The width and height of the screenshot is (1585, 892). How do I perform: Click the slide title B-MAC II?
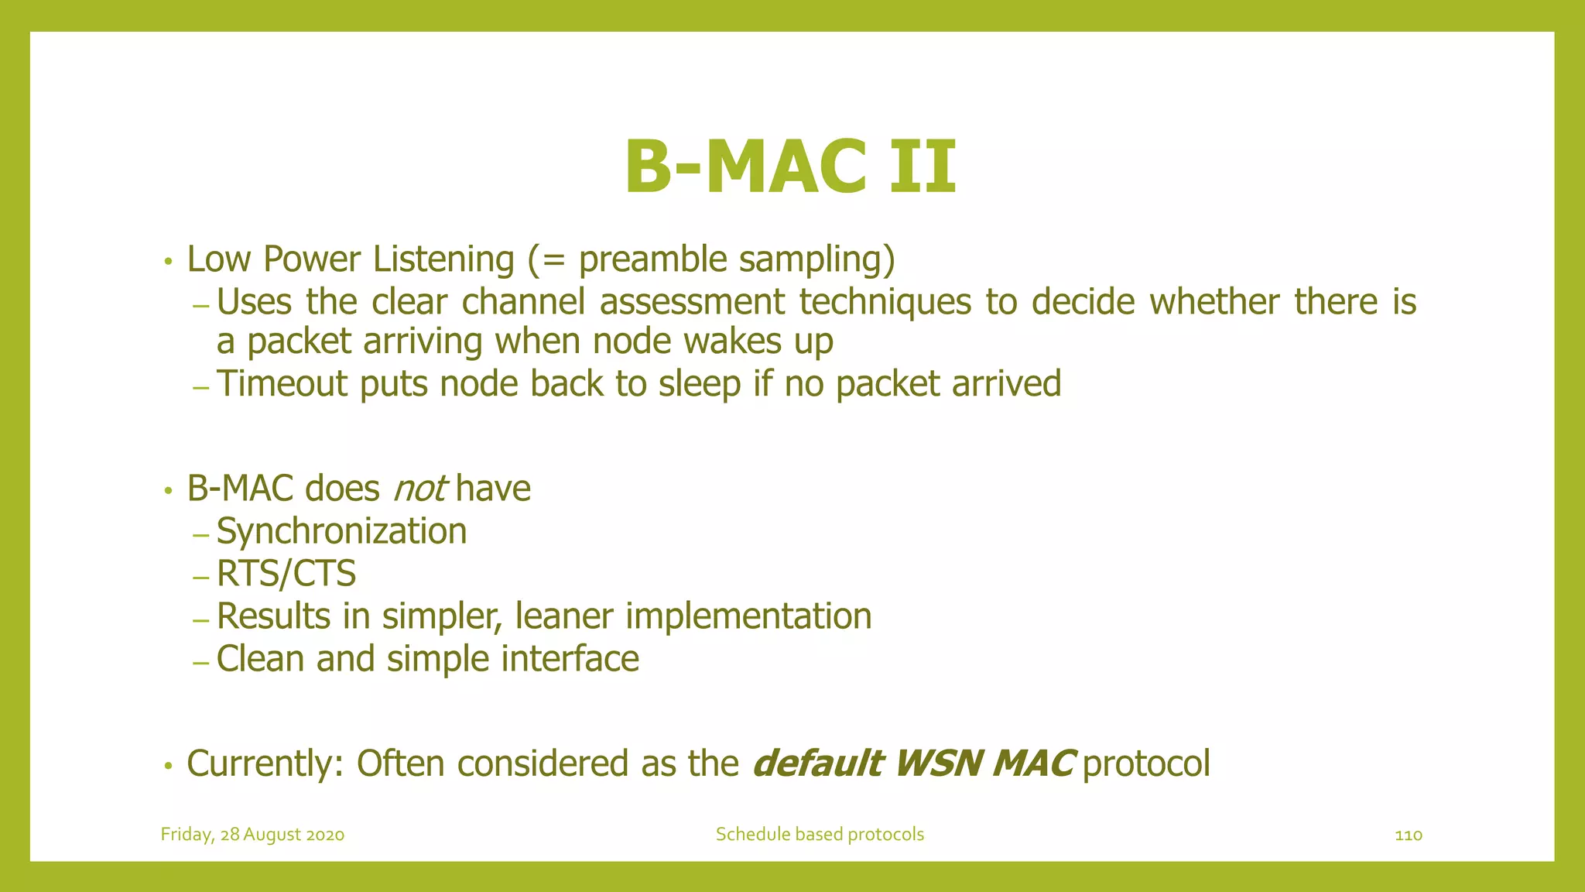coord(790,167)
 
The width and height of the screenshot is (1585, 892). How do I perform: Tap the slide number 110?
coord(1408,835)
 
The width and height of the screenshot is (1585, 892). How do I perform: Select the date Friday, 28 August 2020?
coord(252,835)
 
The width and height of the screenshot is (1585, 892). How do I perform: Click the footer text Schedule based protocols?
coord(820,834)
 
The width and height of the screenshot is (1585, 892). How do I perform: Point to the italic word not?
coord(419,489)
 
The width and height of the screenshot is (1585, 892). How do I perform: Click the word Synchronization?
coord(341,531)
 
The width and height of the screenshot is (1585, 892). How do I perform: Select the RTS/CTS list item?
coord(286,574)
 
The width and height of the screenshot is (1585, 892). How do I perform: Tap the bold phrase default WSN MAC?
coord(912,763)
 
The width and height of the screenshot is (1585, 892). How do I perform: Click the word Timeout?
coord(282,384)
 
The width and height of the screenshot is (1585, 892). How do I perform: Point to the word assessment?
coord(692,302)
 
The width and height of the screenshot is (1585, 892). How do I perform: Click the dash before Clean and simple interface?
coord(200,663)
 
